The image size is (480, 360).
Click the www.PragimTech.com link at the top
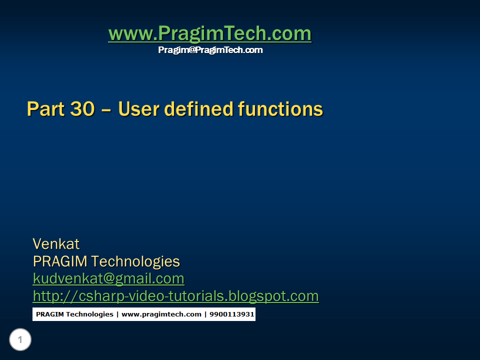[209, 34]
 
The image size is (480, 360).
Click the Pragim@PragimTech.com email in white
[210, 50]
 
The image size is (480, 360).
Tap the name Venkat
[56, 244]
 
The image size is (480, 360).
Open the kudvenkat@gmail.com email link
[108, 278]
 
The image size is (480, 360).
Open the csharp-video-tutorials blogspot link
[175, 296]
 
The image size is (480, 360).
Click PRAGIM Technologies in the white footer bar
[74, 314]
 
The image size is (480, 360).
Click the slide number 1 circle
[20, 340]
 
